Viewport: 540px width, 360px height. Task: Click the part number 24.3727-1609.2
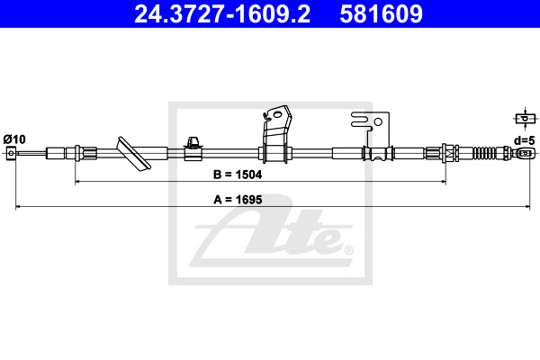pos(222,14)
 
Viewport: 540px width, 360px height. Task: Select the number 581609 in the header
pos(381,14)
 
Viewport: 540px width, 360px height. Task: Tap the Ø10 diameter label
pos(14,139)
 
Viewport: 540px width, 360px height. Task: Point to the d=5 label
pos(525,140)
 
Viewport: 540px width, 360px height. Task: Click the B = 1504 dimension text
pos(238,175)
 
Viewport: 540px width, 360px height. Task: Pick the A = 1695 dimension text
pos(238,200)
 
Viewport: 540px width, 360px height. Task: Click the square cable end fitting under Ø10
pos(12,153)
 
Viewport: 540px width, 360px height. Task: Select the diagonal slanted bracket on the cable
pos(133,154)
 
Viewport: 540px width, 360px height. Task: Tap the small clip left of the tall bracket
pos(193,148)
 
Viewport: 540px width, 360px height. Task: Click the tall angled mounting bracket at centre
pos(275,134)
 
